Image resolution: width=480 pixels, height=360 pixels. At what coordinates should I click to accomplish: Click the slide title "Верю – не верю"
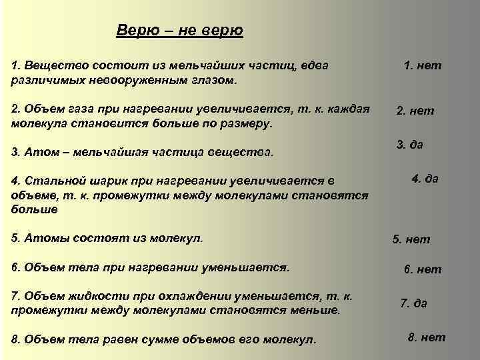179,31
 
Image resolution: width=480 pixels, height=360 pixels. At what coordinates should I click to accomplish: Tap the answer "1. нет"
423,66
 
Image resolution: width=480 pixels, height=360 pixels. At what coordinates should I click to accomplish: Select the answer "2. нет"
415,111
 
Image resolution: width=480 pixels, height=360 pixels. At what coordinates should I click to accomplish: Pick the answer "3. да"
410,145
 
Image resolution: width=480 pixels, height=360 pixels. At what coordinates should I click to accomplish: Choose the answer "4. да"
425,179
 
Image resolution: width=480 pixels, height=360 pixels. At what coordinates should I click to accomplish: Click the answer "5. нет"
411,239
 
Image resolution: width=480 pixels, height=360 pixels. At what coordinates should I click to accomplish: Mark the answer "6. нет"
422,269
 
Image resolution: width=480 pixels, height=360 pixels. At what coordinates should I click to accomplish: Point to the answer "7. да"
413,303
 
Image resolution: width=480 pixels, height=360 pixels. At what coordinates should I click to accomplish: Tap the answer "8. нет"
426,337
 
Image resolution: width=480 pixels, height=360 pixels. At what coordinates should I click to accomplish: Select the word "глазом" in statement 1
217,79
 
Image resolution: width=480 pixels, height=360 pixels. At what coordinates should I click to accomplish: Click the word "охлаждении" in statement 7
183,297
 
